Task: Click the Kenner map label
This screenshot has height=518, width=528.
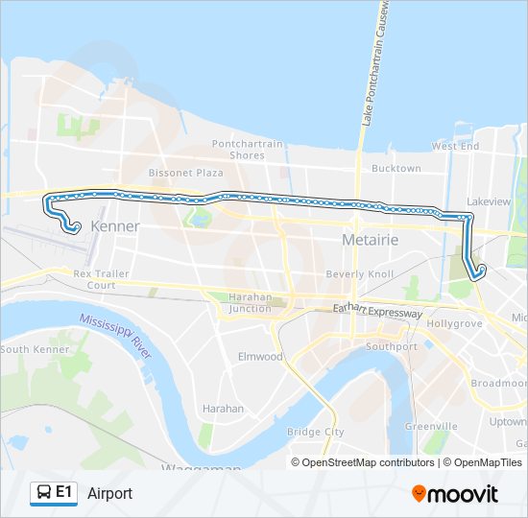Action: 114,226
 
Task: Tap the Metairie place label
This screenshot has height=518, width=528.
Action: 372,237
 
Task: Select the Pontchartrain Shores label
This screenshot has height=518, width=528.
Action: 248,150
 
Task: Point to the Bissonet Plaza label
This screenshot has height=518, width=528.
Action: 191,173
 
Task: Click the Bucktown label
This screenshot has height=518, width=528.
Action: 396,168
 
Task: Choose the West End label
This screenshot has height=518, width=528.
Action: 455,147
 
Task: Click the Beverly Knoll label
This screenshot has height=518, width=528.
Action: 360,274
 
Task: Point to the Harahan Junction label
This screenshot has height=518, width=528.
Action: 250,303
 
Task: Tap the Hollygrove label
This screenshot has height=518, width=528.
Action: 453,324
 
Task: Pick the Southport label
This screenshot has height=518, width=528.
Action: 392,346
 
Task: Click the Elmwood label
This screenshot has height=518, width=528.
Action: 260,357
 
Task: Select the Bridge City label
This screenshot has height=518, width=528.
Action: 315,432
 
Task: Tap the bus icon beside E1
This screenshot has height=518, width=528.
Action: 43,493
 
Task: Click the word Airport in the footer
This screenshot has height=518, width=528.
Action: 109,493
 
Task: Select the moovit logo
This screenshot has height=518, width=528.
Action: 455,493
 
